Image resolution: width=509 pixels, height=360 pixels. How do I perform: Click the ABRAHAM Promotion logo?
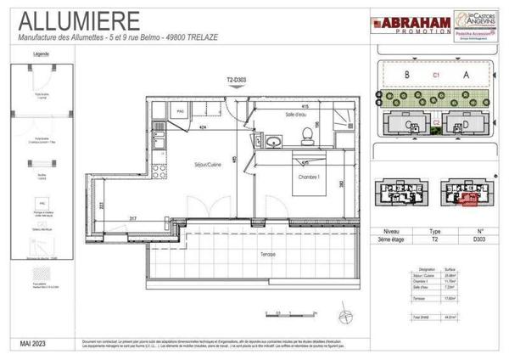point(400,24)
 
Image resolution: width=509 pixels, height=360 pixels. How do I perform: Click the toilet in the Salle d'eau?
point(304,133)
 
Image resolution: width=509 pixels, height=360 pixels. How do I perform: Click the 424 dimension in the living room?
point(203,127)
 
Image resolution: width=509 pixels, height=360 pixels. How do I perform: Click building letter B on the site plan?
point(408,75)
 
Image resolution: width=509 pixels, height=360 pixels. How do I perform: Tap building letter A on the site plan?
point(466,75)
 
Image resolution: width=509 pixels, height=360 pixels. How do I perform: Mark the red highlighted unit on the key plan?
point(467,199)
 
